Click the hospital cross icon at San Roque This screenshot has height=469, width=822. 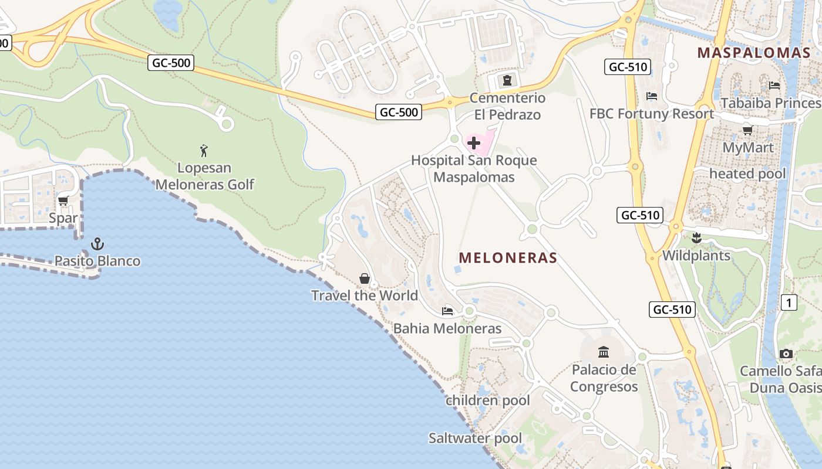point(474,142)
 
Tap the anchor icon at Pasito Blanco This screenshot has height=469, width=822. point(97,244)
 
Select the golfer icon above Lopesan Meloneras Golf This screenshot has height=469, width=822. point(204,151)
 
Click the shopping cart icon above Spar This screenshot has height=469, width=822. point(63,201)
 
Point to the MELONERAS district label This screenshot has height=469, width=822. point(508,258)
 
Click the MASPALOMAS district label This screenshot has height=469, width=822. point(754,53)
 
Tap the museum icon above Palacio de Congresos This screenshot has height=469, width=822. point(604,352)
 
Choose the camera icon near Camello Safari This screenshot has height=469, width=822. point(786,354)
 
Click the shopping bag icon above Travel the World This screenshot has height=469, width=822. point(365,278)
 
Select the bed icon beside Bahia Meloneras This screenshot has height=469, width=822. point(447,311)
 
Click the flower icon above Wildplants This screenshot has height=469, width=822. point(696,238)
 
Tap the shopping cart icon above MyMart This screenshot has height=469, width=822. point(747,130)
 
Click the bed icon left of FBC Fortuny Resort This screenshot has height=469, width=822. point(651,96)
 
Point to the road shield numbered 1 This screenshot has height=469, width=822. point(789,303)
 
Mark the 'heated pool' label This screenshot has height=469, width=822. point(747,174)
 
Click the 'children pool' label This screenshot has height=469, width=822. point(487,400)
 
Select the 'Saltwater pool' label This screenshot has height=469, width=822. point(475,438)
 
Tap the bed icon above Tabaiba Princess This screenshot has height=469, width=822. point(774,86)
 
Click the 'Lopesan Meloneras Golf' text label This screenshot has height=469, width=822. point(204,176)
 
